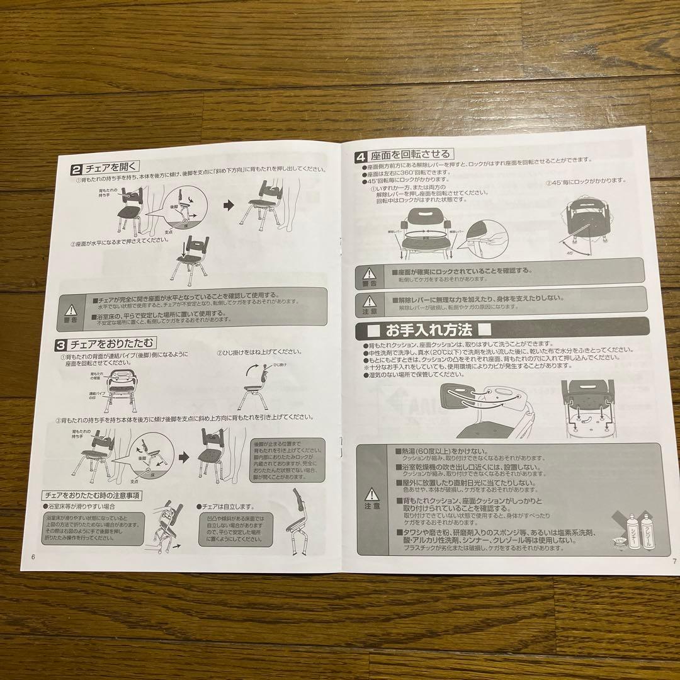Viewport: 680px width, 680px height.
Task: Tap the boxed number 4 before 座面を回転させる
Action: coord(361,155)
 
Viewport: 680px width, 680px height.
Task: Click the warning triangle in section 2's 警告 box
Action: coord(71,309)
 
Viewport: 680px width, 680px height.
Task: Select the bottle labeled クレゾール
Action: coord(646,535)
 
